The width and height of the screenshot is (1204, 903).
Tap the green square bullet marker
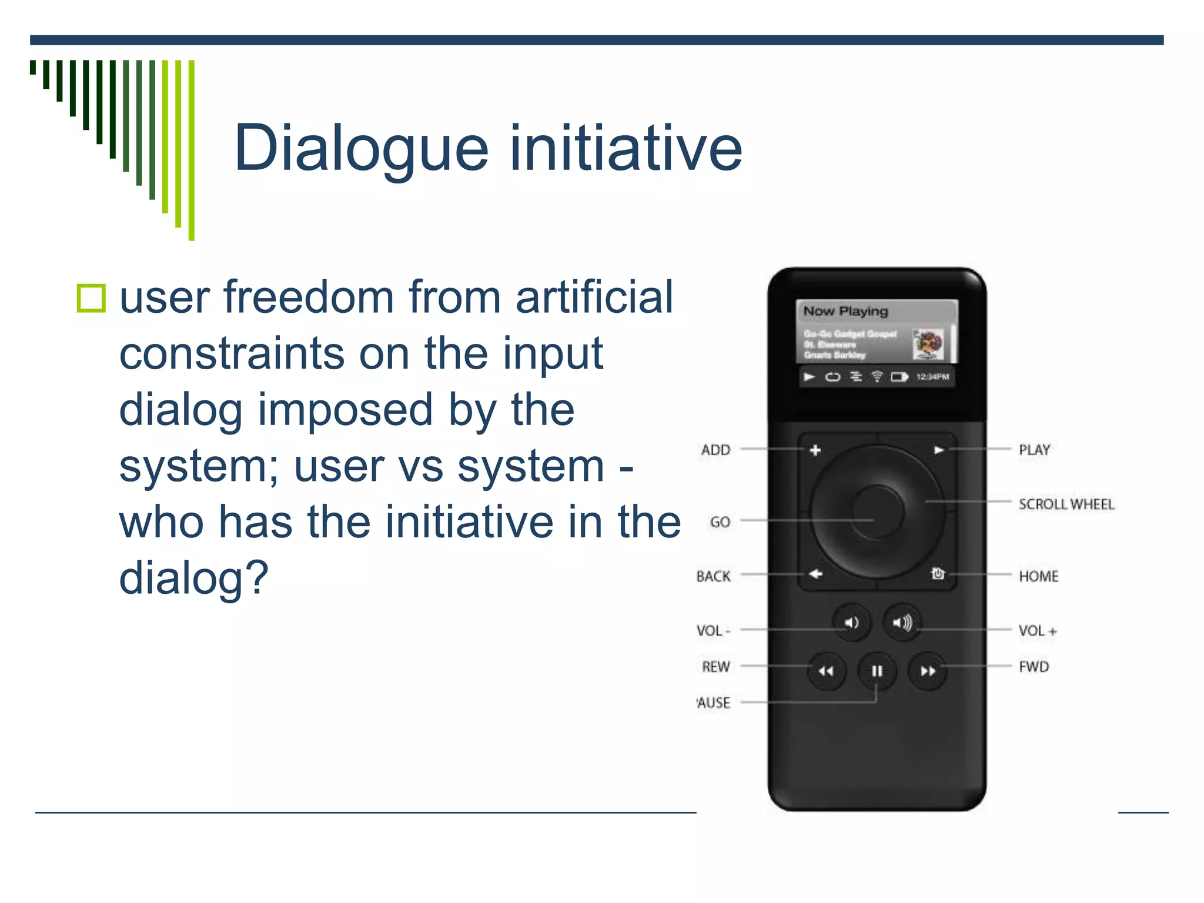click(x=91, y=298)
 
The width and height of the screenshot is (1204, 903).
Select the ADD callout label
click(x=715, y=450)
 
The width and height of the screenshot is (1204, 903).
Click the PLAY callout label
click(x=1034, y=450)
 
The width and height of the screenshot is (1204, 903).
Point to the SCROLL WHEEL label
click(x=1066, y=504)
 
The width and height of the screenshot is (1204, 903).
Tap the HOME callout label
click(x=1038, y=576)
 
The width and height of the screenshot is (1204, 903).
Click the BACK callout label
click(x=713, y=576)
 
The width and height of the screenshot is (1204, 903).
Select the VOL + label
click(x=1037, y=631)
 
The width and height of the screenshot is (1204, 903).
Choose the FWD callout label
click(x=1034, y=667)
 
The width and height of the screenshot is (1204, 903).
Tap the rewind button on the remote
click(x=826, y=671)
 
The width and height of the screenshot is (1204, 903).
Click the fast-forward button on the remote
click(x=928, y=671)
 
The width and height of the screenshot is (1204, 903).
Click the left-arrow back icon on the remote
click(x=815, y=574)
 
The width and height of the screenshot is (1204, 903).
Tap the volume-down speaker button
click(x=851, y=622)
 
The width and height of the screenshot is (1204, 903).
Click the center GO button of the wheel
click(x=877, y=511)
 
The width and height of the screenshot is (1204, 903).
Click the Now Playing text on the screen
click(x=845, y=311)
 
